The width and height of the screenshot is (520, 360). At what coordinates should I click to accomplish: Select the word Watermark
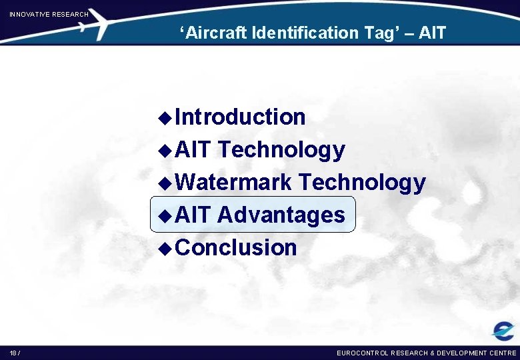click(234, 182)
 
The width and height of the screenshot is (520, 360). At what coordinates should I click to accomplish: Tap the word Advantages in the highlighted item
click(281, 215)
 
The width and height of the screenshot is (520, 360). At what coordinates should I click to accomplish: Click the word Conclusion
click(237, 247)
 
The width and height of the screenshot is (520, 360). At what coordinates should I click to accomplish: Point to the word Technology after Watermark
click(362, 182)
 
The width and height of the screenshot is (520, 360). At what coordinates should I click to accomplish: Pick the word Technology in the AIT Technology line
click(281, 150)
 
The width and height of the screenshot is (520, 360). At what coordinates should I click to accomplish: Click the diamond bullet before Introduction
click(166, 118)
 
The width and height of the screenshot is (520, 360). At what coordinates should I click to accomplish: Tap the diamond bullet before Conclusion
click(166, 249)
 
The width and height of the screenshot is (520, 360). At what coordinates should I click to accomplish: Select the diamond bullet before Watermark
click(166, 183)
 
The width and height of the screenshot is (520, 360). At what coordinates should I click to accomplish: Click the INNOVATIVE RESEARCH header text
click(49, 14)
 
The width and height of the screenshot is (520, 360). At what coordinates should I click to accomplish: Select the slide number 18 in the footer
click(13, 353)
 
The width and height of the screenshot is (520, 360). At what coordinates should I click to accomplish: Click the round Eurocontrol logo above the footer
click(503, 331)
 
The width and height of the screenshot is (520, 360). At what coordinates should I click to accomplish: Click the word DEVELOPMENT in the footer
click(461, 353)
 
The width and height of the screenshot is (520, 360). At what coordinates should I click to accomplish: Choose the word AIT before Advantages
click(193, 215)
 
